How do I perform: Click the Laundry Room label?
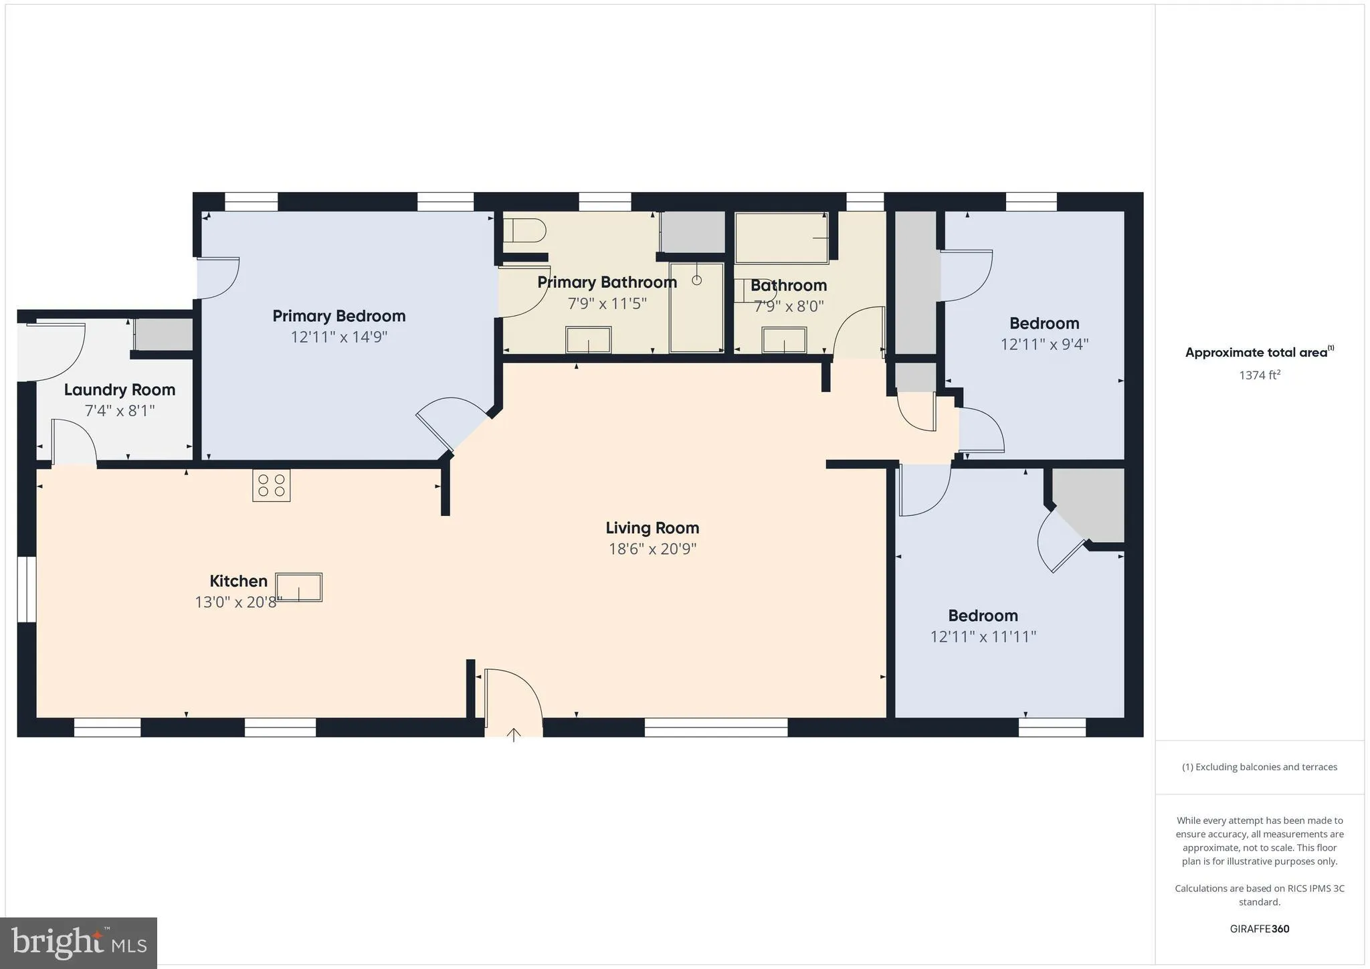(119, 389)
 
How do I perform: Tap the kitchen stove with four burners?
(271, 486)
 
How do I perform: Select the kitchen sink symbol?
(298, 588)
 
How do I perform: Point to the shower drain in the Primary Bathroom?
(696, 280)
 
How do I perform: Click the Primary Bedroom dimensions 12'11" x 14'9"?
(338, 337)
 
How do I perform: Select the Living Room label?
(652, 528)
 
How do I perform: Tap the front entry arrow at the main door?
(513, 735)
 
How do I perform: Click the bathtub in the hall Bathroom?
(781, 238)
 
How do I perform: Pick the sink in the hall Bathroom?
(784, 340)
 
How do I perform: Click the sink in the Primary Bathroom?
(588, 339)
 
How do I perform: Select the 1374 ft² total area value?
(1259, 375)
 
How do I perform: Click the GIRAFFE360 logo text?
(1259, 929)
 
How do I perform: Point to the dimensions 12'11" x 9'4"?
(1044, 344)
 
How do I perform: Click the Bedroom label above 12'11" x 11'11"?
(982, 616)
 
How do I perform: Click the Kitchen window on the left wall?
(27, 589)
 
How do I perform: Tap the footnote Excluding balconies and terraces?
(1259, 767)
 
